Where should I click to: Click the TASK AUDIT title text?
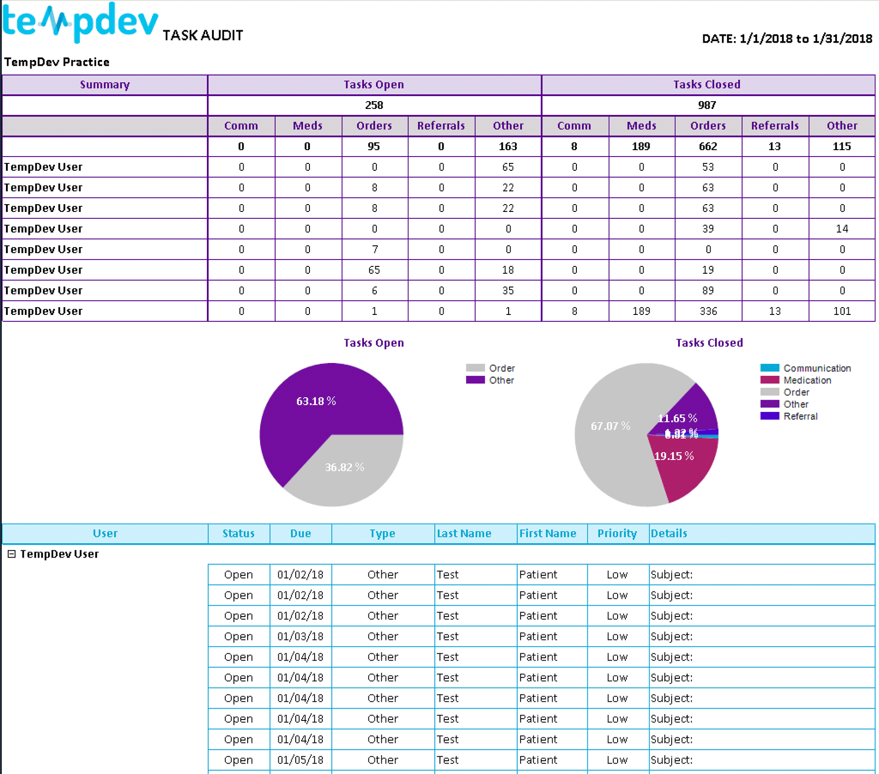[x=203, y=35]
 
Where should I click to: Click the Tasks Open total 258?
[x=374, y=105]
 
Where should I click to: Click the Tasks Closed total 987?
[x=707, y=105]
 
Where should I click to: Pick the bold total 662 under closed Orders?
[x=708, y=146]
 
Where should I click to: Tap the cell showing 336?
[x=708, y=311]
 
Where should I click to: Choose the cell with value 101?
[x=841, y=311]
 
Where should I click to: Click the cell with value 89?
[x=708, y=291]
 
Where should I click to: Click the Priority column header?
[x=617, y=533]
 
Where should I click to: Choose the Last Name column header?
[x=464, y=533]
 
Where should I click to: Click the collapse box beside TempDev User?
[x=12, y=554]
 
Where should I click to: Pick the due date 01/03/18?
[x=300, y=636]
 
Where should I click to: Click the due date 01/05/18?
[x=300, y=760]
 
